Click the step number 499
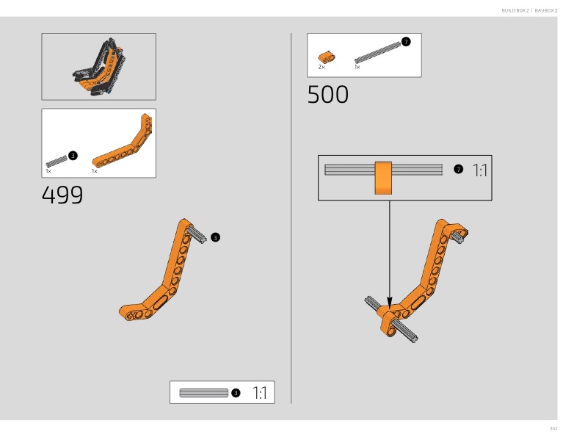point(62,195)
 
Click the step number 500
point(327,95)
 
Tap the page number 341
point(553,428)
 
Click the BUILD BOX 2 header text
point(515,10)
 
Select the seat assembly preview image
point(99,66)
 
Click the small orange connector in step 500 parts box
point(327,57)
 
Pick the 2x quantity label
point(321,67)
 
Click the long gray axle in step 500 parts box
point(377,53)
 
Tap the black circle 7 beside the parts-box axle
point(406,42)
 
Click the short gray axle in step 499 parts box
point(57,162)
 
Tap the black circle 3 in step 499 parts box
point(73,156)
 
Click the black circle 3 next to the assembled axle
point(215,237)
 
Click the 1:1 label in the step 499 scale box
point(260,393)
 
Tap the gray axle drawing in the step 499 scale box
point(204,393)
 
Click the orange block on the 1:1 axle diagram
point(383,178)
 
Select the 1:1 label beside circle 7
point(479,170)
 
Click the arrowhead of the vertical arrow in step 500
point(390,303)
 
